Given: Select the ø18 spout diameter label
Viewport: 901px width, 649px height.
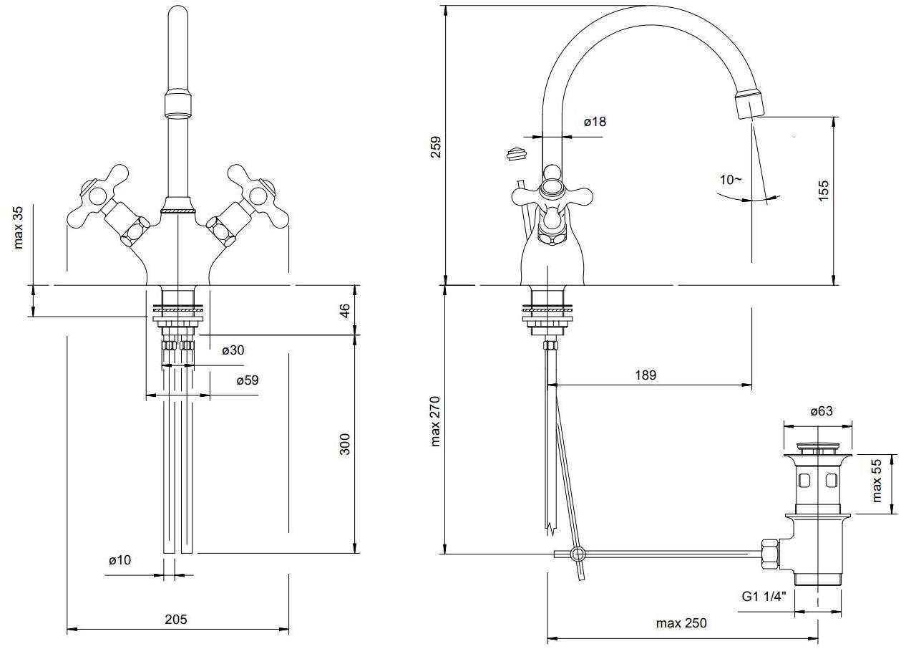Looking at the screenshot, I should click(594, 122).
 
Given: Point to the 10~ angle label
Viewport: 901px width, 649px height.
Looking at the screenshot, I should click(731, 180).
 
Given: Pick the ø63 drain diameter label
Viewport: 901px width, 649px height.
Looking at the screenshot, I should click(821, 411).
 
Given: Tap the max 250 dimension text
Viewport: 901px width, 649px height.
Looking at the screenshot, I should click(681, 623).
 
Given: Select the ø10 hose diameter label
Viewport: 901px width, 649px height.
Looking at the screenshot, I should click(120, 560).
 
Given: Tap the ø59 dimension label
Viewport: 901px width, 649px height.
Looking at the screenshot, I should click(248, 380).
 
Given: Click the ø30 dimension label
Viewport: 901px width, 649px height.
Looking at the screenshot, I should click(233, 350).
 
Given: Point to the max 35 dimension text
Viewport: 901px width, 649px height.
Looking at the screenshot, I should click(19, 227).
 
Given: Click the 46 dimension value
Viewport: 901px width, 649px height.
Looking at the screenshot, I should click(344, 311).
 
